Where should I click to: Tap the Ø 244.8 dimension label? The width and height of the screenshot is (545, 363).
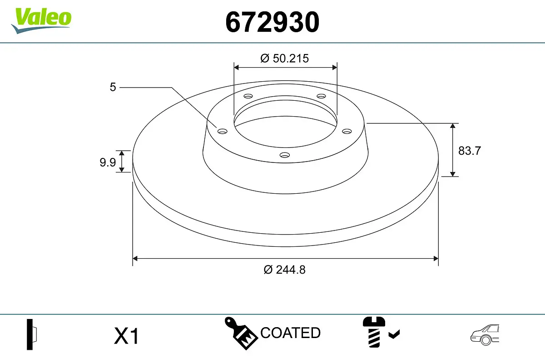[x=285, y=270]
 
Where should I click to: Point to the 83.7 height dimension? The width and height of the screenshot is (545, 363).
[x=469, y=151]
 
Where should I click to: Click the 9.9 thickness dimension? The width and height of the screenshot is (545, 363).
[x=108, y=162]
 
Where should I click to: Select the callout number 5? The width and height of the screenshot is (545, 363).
[x=113, y=87]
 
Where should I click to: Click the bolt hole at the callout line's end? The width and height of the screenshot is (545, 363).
[x=222, y=132]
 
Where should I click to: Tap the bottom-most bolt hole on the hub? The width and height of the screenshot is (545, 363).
[x=285, y=155]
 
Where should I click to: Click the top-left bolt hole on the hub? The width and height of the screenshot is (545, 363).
[x=248, y=96]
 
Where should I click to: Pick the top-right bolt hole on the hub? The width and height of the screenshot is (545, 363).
[x=322, y=96]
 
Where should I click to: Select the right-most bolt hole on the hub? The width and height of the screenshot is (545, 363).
[x=347, y=131]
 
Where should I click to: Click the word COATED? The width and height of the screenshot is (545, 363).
[x=290, y=333]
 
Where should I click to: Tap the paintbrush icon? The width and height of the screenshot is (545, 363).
[x=241, y=334]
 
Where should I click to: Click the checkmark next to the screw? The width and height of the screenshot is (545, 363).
[x=394, y=335]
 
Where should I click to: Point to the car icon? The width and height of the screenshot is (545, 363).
[x=484, y=335]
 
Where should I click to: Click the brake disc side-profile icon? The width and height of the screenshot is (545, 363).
[x=32, y=335]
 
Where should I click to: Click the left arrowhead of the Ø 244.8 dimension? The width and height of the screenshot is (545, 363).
[x=135, y=259]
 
